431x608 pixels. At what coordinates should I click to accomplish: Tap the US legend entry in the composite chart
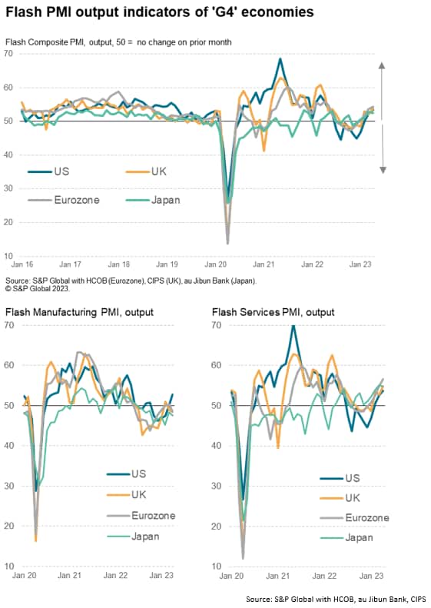[x=48, y=171]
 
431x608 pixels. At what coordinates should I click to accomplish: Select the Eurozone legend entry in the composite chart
[x=64, y=200]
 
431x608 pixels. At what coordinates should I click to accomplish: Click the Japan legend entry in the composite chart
[x=153, y=200]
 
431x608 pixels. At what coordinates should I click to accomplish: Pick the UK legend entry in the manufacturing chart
[x=127, y=495]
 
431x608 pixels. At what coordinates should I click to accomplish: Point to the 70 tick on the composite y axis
[x=8, y=54]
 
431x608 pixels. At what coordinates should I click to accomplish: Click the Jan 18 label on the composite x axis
[x=118, y=264]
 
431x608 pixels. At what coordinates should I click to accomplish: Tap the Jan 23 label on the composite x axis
[x=360, y=264]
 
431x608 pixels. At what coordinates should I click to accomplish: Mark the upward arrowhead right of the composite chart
[x=382, y=65]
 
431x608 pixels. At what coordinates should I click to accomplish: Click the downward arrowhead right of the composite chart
[x=383, y=170]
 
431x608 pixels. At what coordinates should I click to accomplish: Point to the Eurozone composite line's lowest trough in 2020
[x=227, y=244]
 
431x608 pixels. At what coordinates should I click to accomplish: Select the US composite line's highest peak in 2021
[x=280, y=59]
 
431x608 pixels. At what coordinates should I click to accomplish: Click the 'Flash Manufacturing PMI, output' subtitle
[x=79, y=312]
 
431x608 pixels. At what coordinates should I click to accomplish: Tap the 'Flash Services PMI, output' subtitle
[x=274, y=312]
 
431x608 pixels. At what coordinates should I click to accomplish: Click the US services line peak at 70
[x=293, y=326]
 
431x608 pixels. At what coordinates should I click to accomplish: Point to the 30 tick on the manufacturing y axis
[x=9, y=486]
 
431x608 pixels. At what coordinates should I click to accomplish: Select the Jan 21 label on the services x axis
[x=277, y=576]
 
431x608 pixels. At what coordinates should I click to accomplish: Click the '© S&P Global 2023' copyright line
[x=37, y=288]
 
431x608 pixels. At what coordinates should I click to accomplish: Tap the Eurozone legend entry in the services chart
[x=355, y=518]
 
